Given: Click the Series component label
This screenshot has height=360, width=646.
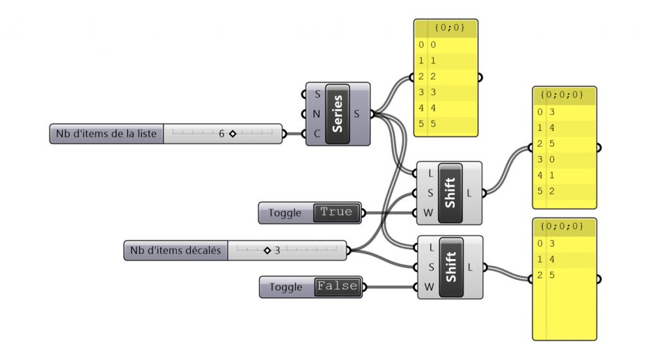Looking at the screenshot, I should coord(338,113).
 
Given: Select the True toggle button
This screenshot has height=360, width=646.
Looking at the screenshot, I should coord(336,212).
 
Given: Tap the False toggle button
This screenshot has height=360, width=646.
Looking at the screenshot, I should coord(338,286).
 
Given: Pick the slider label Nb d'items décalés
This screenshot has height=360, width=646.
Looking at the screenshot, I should coord(175,250).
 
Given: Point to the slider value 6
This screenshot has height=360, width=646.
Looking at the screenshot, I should coord(222,134).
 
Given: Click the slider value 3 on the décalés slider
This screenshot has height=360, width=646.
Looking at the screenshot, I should coord(277,250).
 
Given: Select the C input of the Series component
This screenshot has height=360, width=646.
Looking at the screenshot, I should coord(317,134).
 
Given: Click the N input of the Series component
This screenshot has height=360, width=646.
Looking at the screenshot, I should coord(317,114).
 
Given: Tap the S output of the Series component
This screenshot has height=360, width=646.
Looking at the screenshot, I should coord(358,114).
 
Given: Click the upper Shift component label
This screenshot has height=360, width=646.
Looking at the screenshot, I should coord(450,192).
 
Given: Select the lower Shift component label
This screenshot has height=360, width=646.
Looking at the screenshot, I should coord(450,267).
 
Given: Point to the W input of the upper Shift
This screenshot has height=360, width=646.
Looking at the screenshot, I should coord(428,212).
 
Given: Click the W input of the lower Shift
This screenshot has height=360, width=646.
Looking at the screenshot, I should coord(428,287).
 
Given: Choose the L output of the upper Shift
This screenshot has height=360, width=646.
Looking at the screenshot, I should coord(469,192).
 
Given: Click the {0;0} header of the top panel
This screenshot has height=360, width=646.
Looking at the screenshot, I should coord(445,28).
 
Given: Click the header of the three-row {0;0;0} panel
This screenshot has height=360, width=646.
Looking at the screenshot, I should coord(564,226).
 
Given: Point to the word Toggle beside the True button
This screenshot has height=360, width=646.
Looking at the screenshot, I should coord(285,213).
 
